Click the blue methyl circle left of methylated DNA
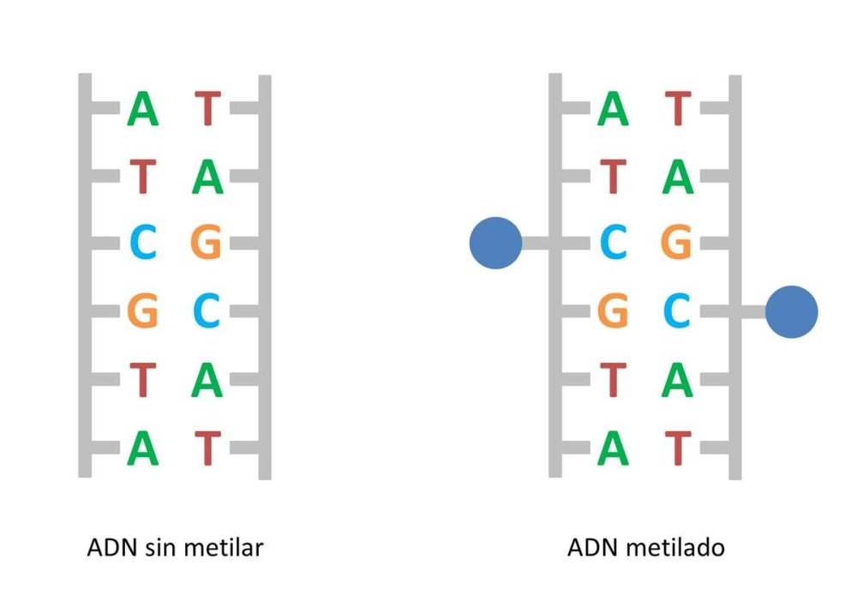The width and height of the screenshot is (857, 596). [495, 244]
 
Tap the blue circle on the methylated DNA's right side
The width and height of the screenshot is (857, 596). [791, 312]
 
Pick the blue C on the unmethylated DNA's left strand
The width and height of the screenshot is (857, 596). [143, 244]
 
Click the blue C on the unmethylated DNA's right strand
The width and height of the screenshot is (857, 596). [207, 311]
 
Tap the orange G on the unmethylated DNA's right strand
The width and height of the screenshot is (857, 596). [207, 244]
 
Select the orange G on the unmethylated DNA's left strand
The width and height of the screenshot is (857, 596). [143, 311]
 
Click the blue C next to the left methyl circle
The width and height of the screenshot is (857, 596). [613, 244]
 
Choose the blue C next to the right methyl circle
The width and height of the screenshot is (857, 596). [677, 311]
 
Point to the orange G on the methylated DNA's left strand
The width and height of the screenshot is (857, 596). [613, 311]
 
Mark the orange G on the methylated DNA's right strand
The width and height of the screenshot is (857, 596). [677, 244]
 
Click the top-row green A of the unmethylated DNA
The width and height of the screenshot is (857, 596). [143, 110]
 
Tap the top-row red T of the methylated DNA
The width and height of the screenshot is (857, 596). [678, 110]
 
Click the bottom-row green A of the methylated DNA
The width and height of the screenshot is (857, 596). [613, 447]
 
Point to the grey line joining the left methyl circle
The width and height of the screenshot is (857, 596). [536, 244]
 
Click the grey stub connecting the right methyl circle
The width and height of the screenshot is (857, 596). [751, 312]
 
